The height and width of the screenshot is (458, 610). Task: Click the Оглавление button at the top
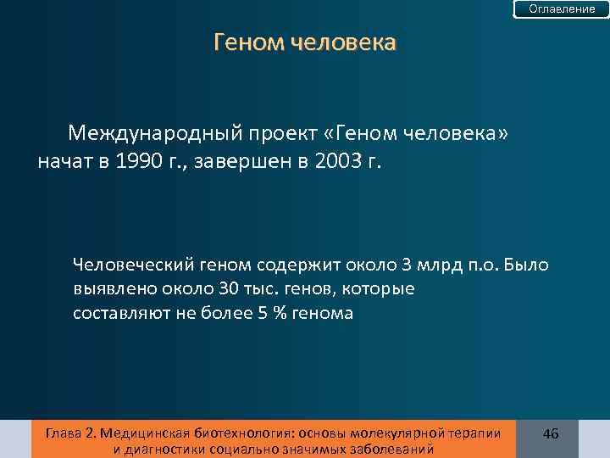click(x=562, y=8)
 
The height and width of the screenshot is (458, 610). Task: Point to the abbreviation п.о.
click(x=482, y=265)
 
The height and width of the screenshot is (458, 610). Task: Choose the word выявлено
click(x=108, y=289)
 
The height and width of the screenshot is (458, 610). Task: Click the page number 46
click(x=551, y=433)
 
